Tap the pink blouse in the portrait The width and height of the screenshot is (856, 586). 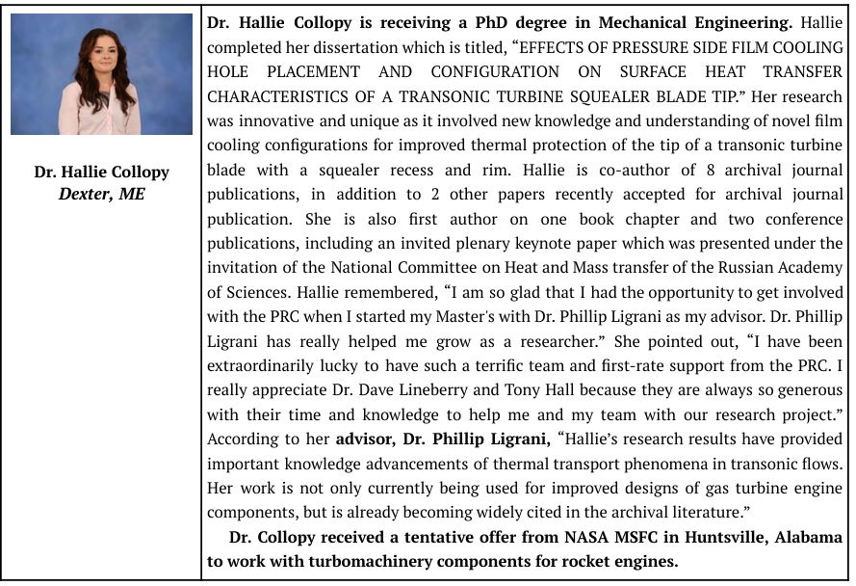pyautogui.click(x=100, y=114)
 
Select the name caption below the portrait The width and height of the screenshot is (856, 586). pyautogui.click(x=101, y=172)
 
